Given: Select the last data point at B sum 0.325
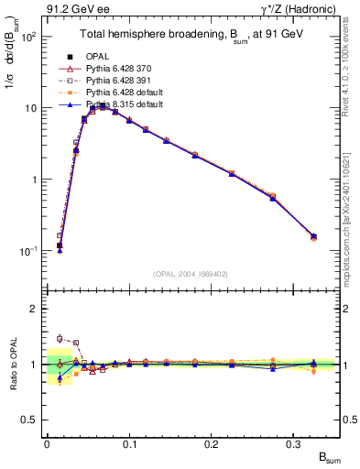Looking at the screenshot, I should (313, 236).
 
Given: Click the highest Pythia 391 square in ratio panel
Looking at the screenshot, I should (60, 338).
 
